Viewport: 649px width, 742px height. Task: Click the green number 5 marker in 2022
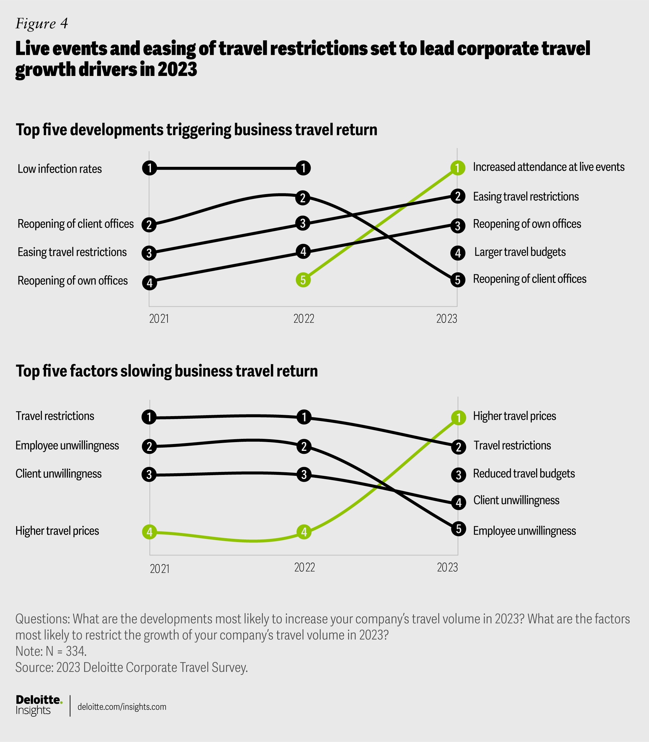pyautogui.click(x=303, y=280)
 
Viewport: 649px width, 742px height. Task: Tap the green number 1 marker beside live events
pyautogui.click(x=458, y=168)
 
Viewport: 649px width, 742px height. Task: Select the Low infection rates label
pyautogui.click(x=60, y=169)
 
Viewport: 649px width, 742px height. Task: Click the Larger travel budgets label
pyautogui.click(x=520, y=252)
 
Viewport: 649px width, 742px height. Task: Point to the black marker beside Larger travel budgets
pyautogui.click(x=458, y=253)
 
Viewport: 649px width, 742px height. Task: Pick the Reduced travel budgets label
pyautogui.click(x=524, y=474)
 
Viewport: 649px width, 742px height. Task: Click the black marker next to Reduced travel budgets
pyautogui.click(x=459, y=475)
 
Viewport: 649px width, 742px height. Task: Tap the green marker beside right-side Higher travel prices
pyautogui.click(x=459, y=418)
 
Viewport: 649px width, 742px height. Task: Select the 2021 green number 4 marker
pyautogui.click(x=149, y=532)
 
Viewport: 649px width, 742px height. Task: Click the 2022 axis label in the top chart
pyautogui.click(x=303, y=319)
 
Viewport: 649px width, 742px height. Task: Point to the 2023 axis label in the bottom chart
pyautogui.click(x=447, y=567)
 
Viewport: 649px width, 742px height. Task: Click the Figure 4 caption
pyautogui.click(x=42, y=24)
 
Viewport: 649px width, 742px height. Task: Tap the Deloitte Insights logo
pyautogui.click(x=38, y=705)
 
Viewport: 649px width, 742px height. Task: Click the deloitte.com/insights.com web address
pyautogui.click(x=122, y=707)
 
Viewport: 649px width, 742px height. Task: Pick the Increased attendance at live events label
pyautogui.click(x=549, y=167)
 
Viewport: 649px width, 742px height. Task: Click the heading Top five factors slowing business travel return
pyautogui.click(x=166, y=371)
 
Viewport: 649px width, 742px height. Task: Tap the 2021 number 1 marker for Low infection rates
pyautogui.click(x=149, y=168)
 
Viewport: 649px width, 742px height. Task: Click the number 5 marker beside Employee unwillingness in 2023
pyautogui.click(x=459, y=529)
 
